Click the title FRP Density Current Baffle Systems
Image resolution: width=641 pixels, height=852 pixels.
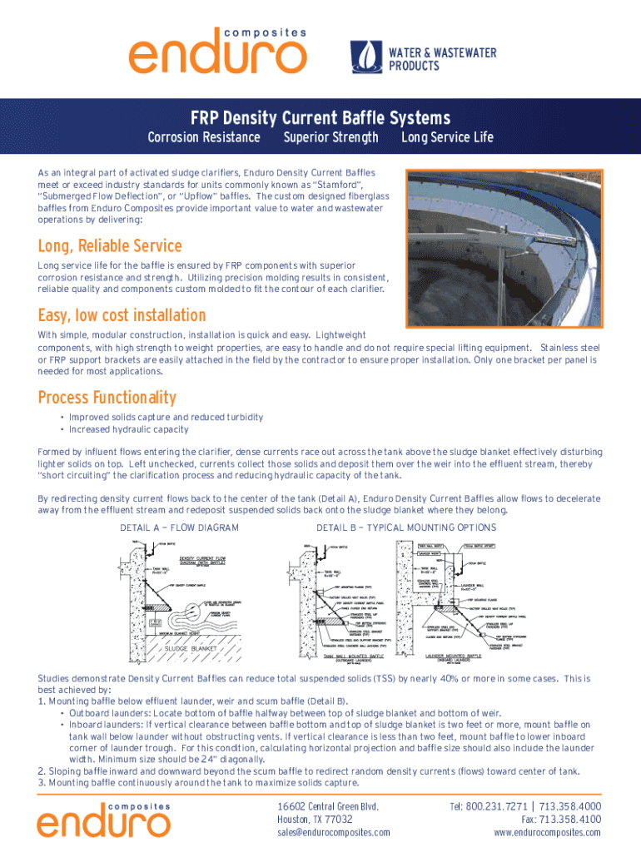click(320, 118)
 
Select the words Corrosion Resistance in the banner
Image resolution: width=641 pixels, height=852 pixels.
click(203, 137)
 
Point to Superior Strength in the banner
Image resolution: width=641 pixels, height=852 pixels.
click(330, 137)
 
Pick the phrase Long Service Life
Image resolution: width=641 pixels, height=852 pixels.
click(447, 137)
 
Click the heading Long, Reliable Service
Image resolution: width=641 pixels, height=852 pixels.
click(110, 246)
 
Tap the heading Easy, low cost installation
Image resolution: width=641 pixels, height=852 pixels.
click(122, 315)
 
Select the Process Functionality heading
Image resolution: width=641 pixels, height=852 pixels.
click(107, 397)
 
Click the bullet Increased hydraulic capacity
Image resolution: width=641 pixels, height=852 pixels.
click(128, 430)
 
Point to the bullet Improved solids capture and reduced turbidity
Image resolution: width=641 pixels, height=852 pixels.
click(166, 417)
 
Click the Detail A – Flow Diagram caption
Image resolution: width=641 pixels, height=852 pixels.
click(180, 528)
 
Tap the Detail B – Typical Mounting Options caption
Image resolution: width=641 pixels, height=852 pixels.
click(406, 528)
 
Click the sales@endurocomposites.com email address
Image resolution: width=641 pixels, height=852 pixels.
click(333, 832)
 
